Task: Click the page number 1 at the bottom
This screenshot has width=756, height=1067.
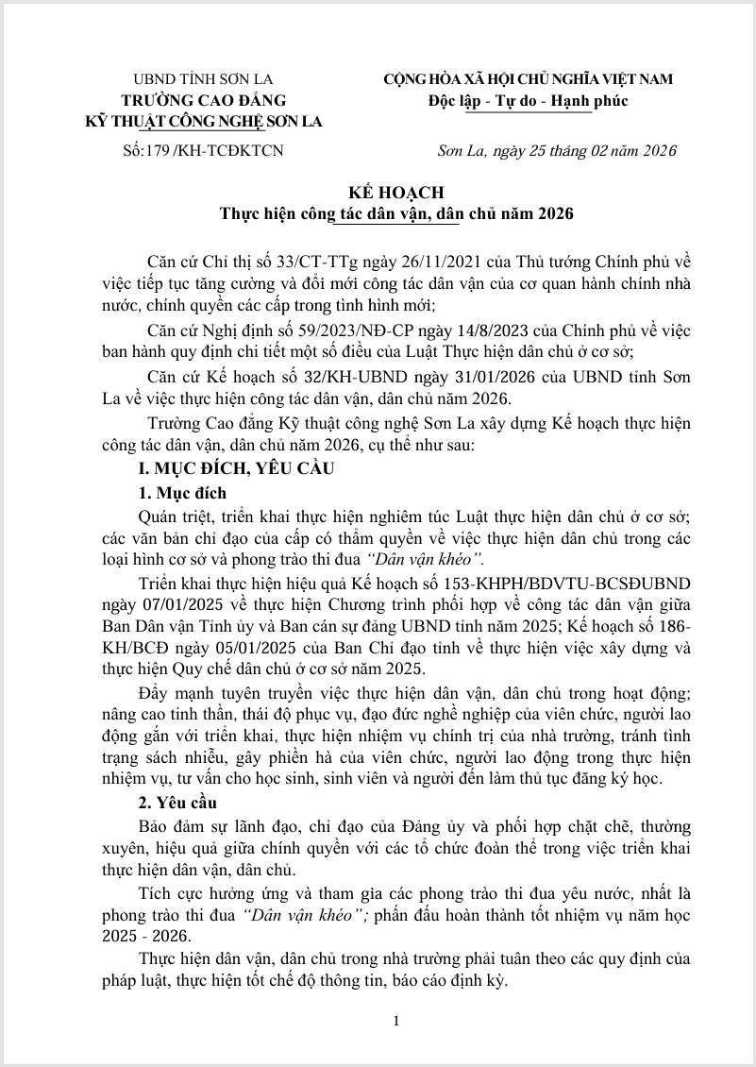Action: pyautogui.click(x=396, y=1021)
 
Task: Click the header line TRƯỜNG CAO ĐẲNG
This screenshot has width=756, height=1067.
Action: pyautogui.click(x=203, y=100)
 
